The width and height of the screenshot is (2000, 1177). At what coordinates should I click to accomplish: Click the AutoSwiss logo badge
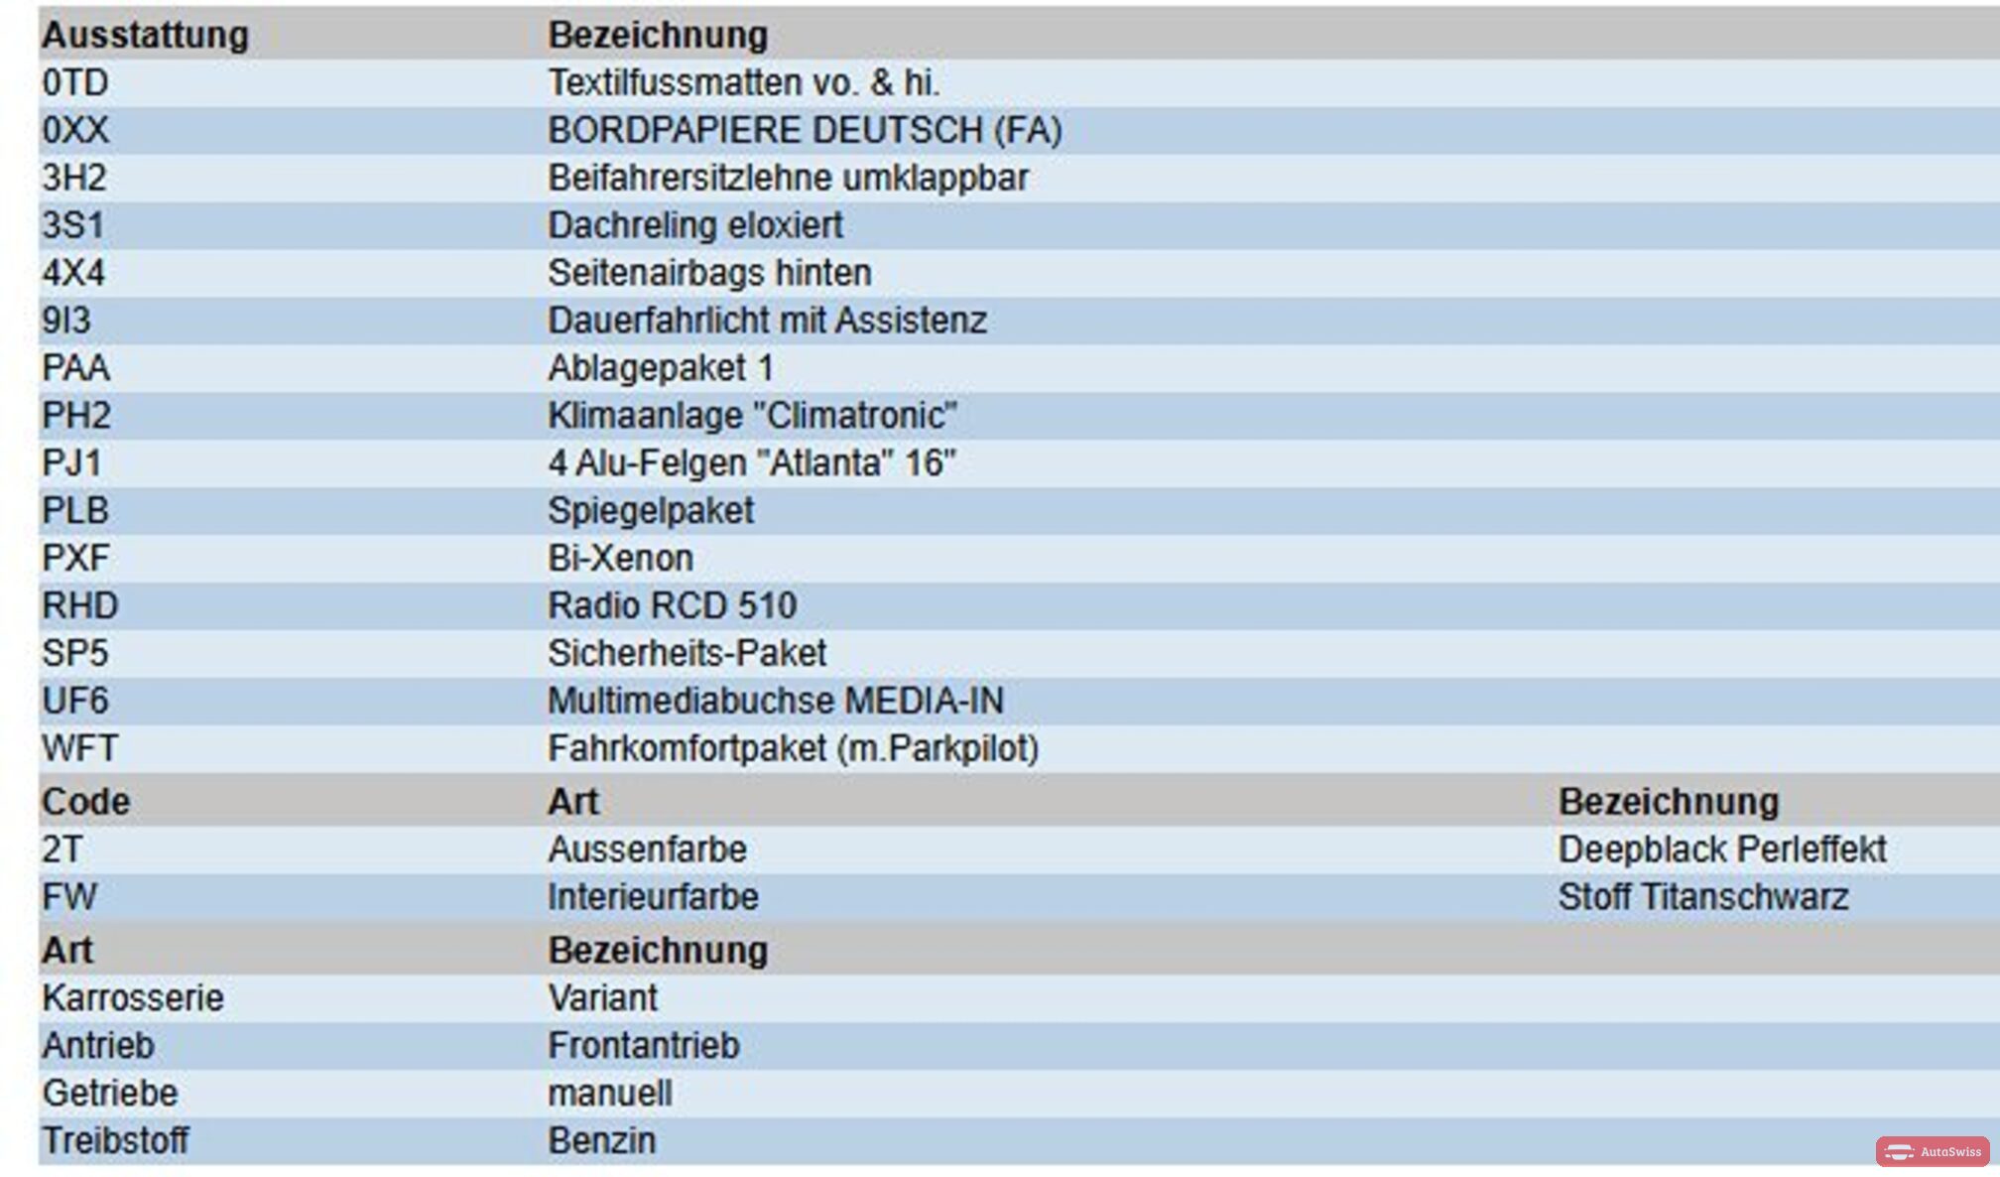[1933, 1151]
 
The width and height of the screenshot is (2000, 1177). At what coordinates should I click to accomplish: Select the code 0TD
[75, 83]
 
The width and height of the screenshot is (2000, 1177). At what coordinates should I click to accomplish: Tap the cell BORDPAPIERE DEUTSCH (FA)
[805, 131]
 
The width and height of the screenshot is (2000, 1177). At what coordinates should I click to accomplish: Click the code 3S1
[72, 226]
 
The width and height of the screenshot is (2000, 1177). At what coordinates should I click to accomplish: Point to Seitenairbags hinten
[709, 273]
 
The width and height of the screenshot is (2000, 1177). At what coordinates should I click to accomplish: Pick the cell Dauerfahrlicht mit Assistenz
[767, 321]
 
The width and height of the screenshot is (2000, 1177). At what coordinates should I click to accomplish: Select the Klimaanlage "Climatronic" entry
[752, 416]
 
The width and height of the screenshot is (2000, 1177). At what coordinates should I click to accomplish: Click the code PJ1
[71, 463]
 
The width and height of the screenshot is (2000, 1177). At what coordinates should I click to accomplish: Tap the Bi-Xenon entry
[620, 559]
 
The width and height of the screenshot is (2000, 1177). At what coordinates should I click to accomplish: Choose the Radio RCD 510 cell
[673, 606]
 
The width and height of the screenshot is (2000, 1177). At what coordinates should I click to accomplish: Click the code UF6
[75, 702]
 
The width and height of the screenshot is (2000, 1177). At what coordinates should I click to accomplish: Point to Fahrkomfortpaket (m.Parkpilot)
[793, 749]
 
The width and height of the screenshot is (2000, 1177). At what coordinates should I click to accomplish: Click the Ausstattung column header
[145, 36]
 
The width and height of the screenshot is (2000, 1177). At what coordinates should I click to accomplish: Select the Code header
[85, 802]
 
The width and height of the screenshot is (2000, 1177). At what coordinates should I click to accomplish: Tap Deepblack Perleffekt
[1722, 850]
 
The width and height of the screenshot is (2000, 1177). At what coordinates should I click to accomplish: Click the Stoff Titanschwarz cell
[1703, 897]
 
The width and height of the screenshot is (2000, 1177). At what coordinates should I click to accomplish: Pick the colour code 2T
[62, 850]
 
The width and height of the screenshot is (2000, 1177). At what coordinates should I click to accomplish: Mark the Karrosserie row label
[133, 998]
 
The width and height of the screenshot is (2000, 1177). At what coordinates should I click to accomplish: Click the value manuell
[610, 1094]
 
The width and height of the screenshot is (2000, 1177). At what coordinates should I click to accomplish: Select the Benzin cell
[602, 1141]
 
